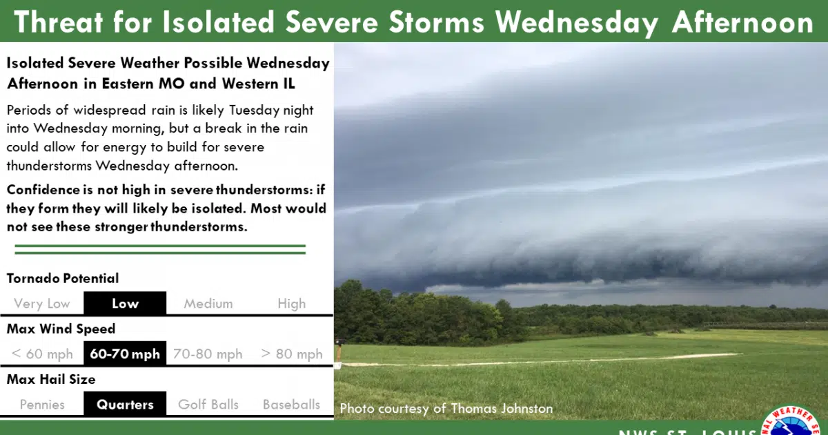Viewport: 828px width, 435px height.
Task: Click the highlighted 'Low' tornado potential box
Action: tap(125, 303)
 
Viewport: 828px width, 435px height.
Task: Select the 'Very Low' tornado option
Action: tap(41, 304)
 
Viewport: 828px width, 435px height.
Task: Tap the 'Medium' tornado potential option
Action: tap(208, 304)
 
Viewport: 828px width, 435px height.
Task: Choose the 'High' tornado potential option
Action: tap(291, 304)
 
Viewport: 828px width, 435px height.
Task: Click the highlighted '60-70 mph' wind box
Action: tap(125, 354)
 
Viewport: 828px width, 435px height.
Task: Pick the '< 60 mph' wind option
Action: tap(41, 354)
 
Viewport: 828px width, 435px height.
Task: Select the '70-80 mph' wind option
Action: tap(208, 354)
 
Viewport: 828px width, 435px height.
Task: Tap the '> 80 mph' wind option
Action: tap(291, 354)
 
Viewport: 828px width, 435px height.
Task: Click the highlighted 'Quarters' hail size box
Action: tap(125, 405)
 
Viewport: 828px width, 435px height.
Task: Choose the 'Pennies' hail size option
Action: tap(42, 405)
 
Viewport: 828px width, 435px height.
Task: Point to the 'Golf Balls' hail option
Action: tap(208, 405)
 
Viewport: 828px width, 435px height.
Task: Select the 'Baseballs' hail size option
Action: tap(291, 405)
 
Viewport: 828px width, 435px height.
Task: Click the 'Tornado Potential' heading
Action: tap(63, 278)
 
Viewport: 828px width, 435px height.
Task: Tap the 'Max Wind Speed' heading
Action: tap(61, 329)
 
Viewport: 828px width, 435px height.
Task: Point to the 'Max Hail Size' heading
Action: tap(51, 379)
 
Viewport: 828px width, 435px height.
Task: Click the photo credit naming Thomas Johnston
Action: tap(446, 409)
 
